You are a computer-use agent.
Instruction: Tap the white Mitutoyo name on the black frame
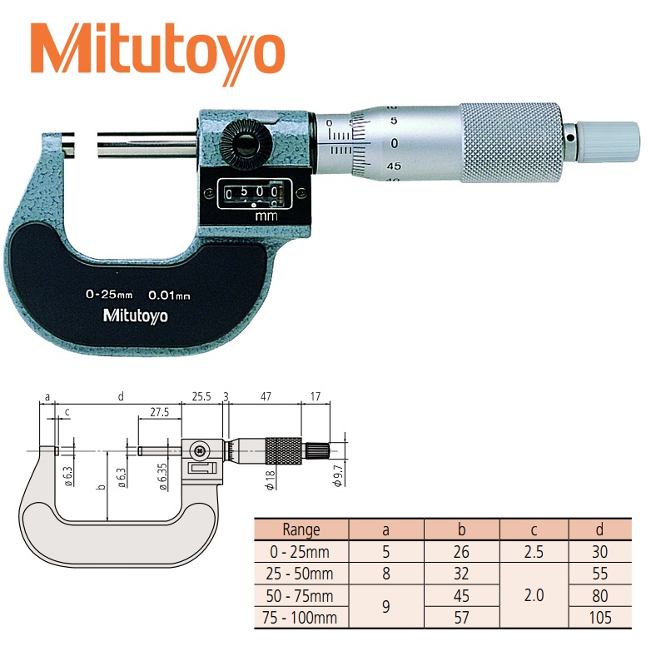point(136,316)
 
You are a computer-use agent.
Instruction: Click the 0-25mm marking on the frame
point(109,294)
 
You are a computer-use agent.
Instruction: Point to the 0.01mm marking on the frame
point(169,296)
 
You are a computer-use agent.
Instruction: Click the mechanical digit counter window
point(255,194)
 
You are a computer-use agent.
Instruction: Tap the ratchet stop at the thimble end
point(602,142)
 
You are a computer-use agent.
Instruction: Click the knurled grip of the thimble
point(511,142)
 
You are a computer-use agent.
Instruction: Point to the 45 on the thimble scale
point(394,166)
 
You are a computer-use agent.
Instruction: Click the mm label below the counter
point(266,216)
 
